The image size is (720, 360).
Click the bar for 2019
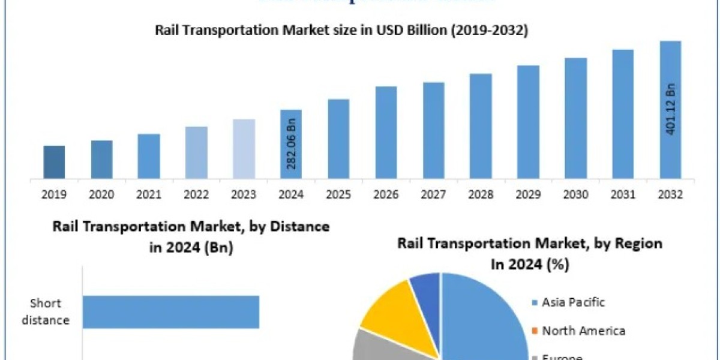click(x=54, y=162)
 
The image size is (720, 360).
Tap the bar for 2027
click(x=433, y=130)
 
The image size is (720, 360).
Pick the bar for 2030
click(x=575, y=118)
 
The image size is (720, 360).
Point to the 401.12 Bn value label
click(x=671, y=109)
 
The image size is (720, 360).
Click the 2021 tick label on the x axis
click(x=149, y=195)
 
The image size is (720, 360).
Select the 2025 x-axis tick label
click(x=338, y=195)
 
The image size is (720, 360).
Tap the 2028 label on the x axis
click(x=481, y=195)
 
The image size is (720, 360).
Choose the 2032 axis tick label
click(x=671, y=195)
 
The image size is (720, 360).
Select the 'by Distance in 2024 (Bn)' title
click(x=191, y=236)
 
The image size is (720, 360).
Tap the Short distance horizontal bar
click(x=170, y=312)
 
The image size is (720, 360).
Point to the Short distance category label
click(x=46, y=312)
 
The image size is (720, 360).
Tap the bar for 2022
click(x=196, y=152)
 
